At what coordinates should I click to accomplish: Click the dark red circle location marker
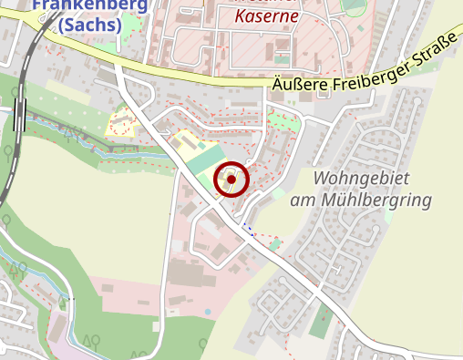pyautogui.click(x=231, y=180)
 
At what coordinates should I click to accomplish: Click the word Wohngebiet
pyautogui.click(x=358, y=178)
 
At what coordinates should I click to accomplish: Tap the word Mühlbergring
pyautogui.click(x=382, y=199)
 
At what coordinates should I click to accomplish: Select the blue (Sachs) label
pyautogui.click(x=90, y=25)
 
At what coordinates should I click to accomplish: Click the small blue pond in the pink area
pyautogui.click(x=208, y=313)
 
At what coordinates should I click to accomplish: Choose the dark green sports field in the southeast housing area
pyautogui.click(x=320, y=321)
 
